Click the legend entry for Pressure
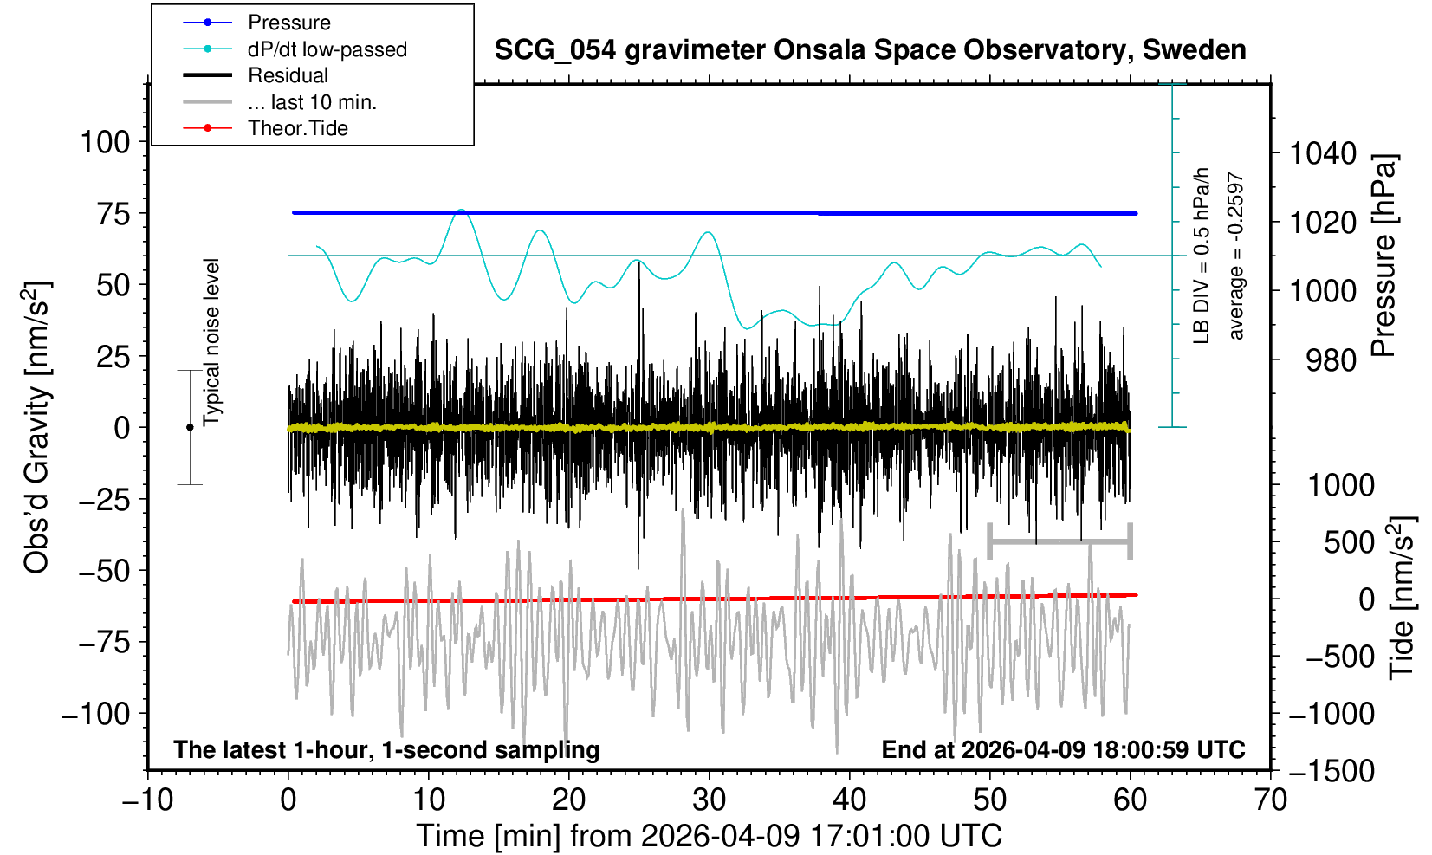pos(288,23)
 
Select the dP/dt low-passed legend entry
pos(327,49)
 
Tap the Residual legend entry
pos(288,75)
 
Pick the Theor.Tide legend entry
pos(297,128)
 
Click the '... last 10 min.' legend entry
pos(312,102)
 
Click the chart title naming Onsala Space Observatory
pos(870,50)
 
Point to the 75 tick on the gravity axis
pos(113,214)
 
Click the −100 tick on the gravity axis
pos(97,715)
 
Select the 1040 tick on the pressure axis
pos(1323,154)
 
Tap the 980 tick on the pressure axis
pos(1331,359)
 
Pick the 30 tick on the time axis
pos(710,799)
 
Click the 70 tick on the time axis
pos(1271,799)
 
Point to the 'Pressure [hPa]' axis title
pos(1383,256)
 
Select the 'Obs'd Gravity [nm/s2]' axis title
pos(38,428)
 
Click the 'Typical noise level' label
pos(211,342)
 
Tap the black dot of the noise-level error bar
pos(190,427)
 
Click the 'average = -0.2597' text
pos(1236,256)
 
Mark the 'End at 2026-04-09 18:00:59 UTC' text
pos(1063,749)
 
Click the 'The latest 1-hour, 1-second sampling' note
pos(386,749)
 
